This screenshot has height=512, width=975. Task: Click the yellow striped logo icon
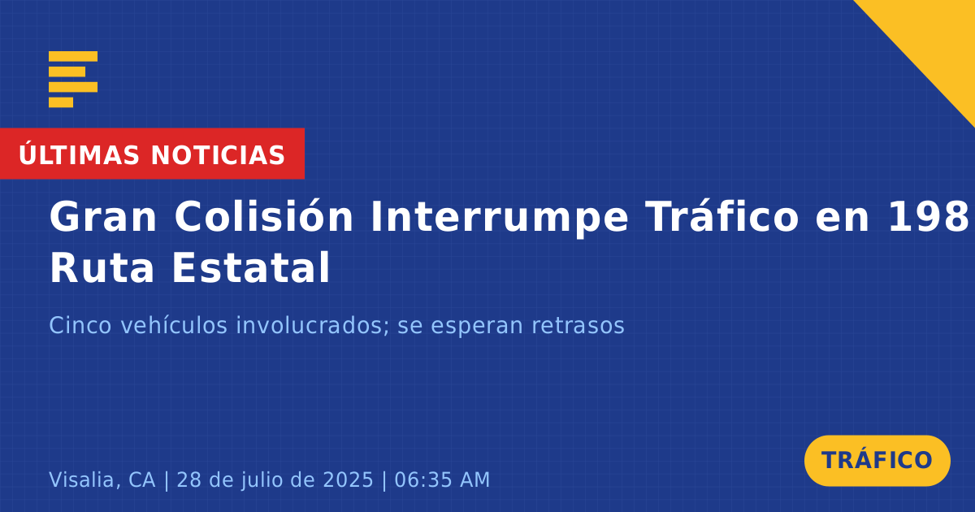click(73, 80)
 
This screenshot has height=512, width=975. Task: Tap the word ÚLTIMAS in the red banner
click(79, 154)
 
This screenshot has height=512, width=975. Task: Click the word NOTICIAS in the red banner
click(218, 155)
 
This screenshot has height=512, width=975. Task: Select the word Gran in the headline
click(102, 217)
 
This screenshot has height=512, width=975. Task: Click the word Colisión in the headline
click(264, 216)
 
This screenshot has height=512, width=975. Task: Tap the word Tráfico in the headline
click(722, 216)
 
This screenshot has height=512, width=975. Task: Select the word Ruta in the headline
click(102, 267)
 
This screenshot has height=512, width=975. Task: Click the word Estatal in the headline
click(251, 267)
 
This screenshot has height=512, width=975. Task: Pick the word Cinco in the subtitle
click(80, 325)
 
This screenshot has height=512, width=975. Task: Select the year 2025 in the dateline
click(348, 479)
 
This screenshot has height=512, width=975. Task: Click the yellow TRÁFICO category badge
click(877, 461)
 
